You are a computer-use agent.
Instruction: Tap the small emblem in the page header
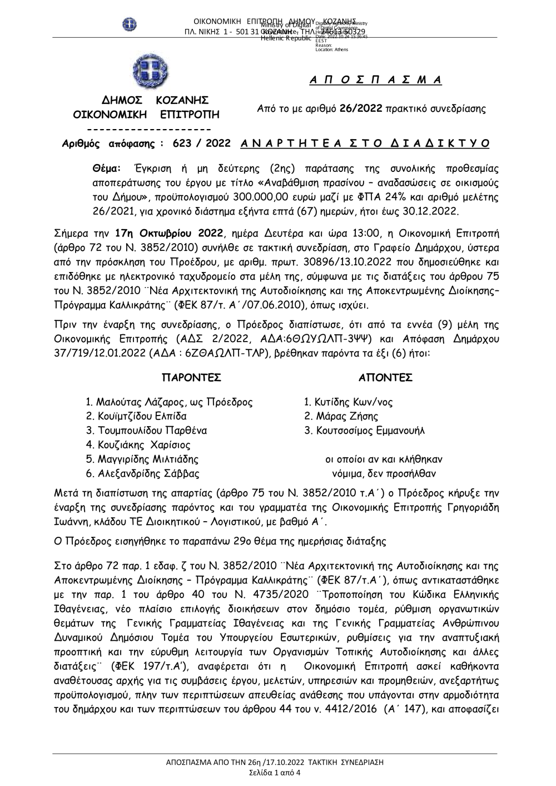(x=129, y=24)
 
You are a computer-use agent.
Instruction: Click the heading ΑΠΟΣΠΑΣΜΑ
(x=375, y=80)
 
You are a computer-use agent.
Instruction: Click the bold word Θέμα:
(x=107, y=169)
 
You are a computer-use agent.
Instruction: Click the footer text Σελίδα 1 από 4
(x=275, y=773)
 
